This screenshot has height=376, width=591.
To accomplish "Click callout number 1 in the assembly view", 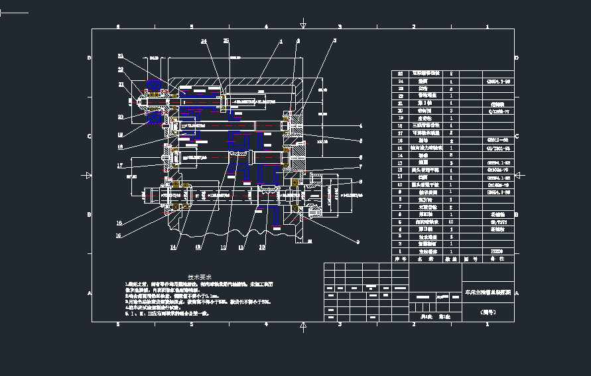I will (x=281, y=41).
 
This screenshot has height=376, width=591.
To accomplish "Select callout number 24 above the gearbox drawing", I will (x=204, y=41).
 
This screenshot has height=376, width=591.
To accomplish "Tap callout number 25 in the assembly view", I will (x=226, y=41).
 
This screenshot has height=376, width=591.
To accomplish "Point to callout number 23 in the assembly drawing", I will (x=121, y=56).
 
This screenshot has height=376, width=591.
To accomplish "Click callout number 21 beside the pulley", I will (x=121, y=84).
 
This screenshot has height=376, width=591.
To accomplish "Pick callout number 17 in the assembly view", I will (x=120, y=166).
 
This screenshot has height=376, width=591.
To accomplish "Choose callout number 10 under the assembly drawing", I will (x=262, y=247).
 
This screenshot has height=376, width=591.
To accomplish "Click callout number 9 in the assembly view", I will (x=357, y=242).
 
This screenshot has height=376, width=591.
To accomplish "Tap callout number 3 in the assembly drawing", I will (x=334, y=41).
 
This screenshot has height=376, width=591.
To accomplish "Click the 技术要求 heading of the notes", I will (x=199, y=277).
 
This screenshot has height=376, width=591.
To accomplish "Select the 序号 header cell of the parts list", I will (x=399, y=259).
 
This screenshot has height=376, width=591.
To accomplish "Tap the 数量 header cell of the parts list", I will (x=452, y=259).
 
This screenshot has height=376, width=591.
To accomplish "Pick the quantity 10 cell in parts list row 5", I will (x=452, y=222).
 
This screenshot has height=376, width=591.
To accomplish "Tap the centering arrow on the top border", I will (x=303, y=26).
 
